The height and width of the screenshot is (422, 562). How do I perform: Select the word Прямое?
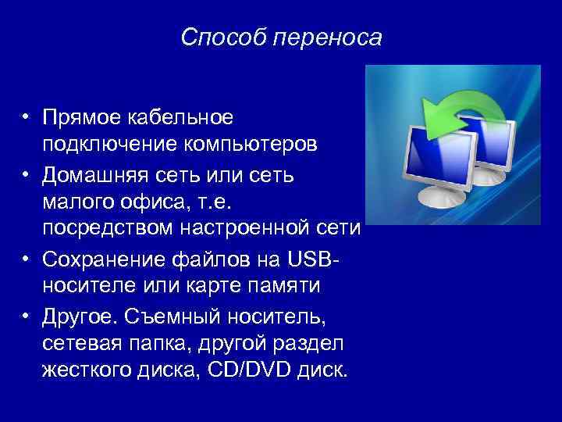(x=79, y=117)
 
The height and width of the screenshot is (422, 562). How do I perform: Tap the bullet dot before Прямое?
(x=27, y=117)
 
